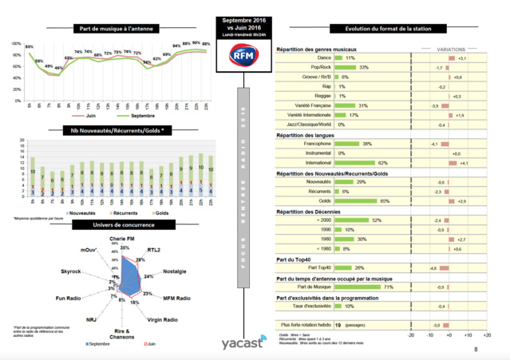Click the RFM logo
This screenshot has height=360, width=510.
pos(242,55)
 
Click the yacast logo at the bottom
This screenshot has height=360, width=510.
pos(243,343)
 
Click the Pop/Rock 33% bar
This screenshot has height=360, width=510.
pos(351,68)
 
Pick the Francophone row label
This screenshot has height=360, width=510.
pos(315,144)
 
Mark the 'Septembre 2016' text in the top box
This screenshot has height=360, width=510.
pos(242,19)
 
